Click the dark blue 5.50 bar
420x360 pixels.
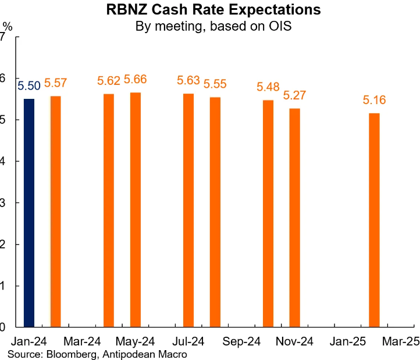coord(29,213)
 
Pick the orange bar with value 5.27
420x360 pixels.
coord(294,218)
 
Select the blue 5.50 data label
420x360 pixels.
coord(29,86)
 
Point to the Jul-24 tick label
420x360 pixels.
coord(188,342)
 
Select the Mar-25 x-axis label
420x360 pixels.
coord(401,342)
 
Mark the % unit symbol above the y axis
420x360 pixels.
coord(7,26)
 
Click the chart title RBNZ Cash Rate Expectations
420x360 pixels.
coord(213,10)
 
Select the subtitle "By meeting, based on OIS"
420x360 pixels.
coord(213,26)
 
